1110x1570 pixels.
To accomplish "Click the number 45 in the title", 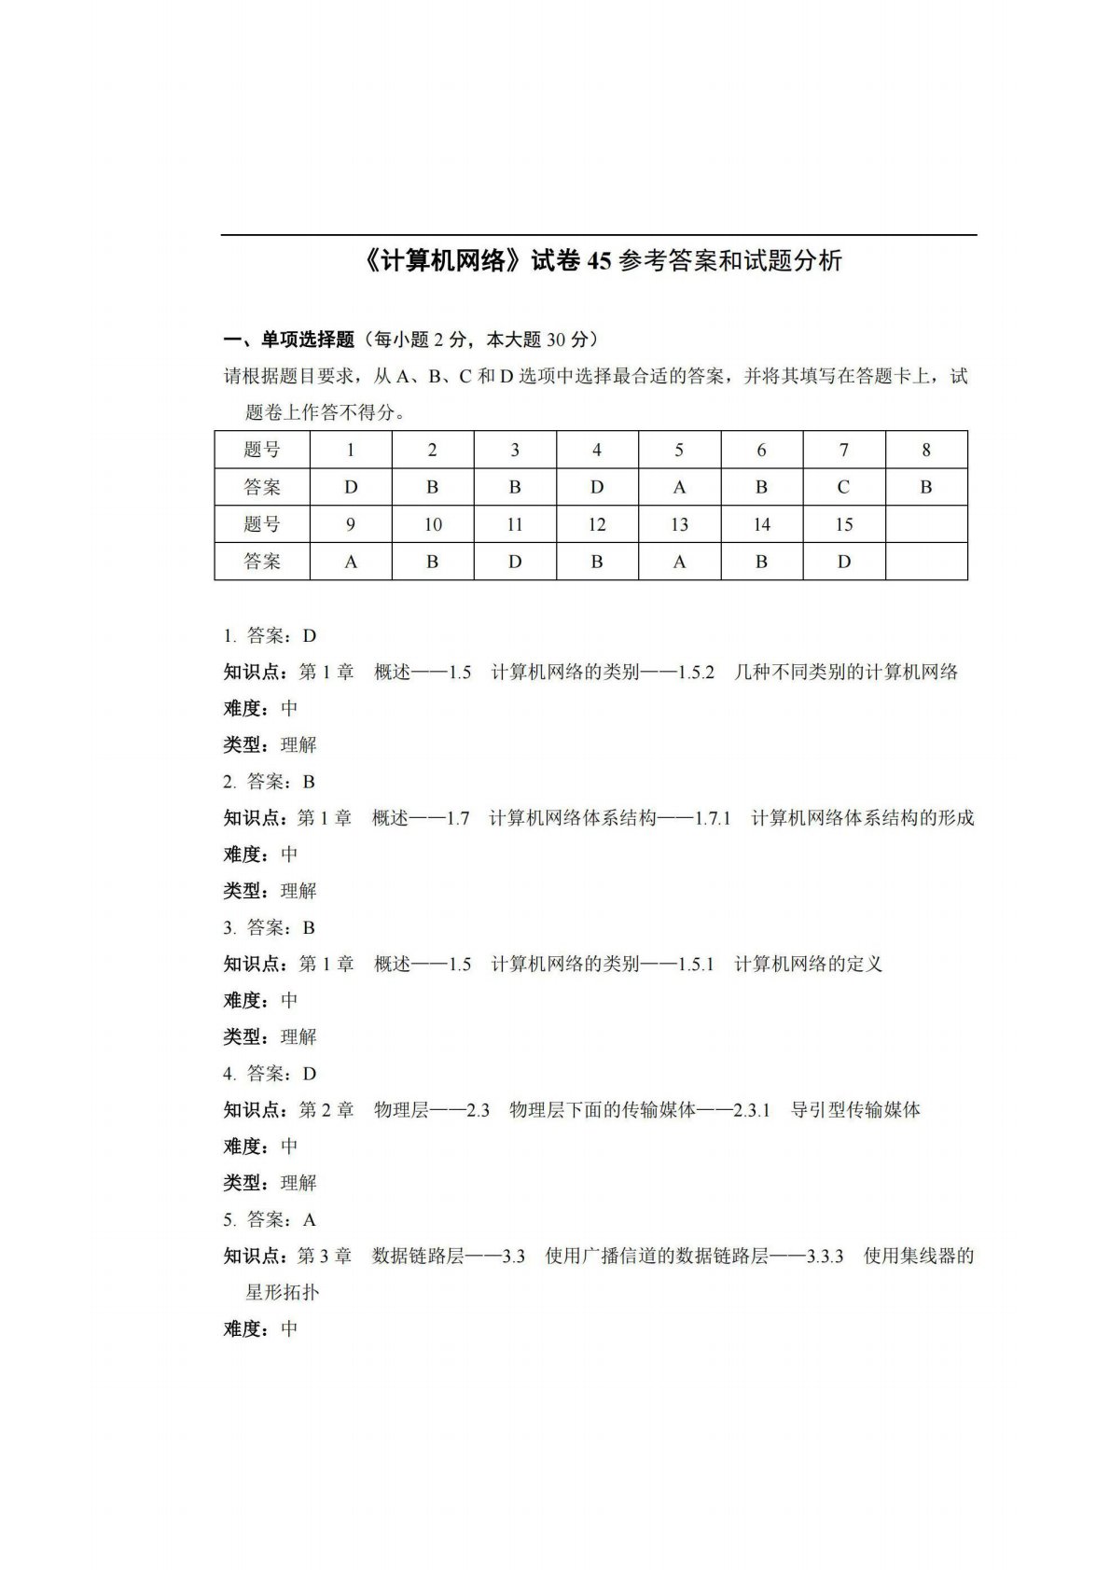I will [x=598, y=261].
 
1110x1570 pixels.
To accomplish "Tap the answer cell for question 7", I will [x=843, y=487].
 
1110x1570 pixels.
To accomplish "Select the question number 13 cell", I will [x=679, y=524].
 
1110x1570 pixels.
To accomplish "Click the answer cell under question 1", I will [x=351, y=487].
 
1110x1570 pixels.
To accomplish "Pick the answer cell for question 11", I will [x=515, y=562].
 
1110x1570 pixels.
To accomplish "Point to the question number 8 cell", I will [x=925, y=450].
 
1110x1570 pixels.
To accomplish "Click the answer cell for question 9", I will [x=351, y=562].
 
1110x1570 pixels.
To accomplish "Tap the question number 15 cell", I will [x=843, y=524].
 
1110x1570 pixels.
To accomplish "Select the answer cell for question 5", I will [x=679, y=487].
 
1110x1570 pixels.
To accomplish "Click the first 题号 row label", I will [x=262, y=450].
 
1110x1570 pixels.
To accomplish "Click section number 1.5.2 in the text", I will [x=696, y=673].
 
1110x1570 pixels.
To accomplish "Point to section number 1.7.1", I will [x=713, y=818].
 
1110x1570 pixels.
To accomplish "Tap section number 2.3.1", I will [x=752, y=1110].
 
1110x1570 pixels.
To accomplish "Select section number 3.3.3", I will [x=825, y=1257].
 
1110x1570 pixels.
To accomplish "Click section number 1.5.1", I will [x=696, y=965].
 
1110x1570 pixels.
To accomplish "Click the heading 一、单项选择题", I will [x=289, y=340].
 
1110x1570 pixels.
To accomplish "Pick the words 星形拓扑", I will [x=282, y=1293].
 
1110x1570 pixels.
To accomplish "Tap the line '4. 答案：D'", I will [x=270, y=1074].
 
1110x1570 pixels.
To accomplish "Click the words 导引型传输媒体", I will [x=855, y=1110].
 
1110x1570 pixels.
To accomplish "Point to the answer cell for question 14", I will [x=761, y=562].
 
